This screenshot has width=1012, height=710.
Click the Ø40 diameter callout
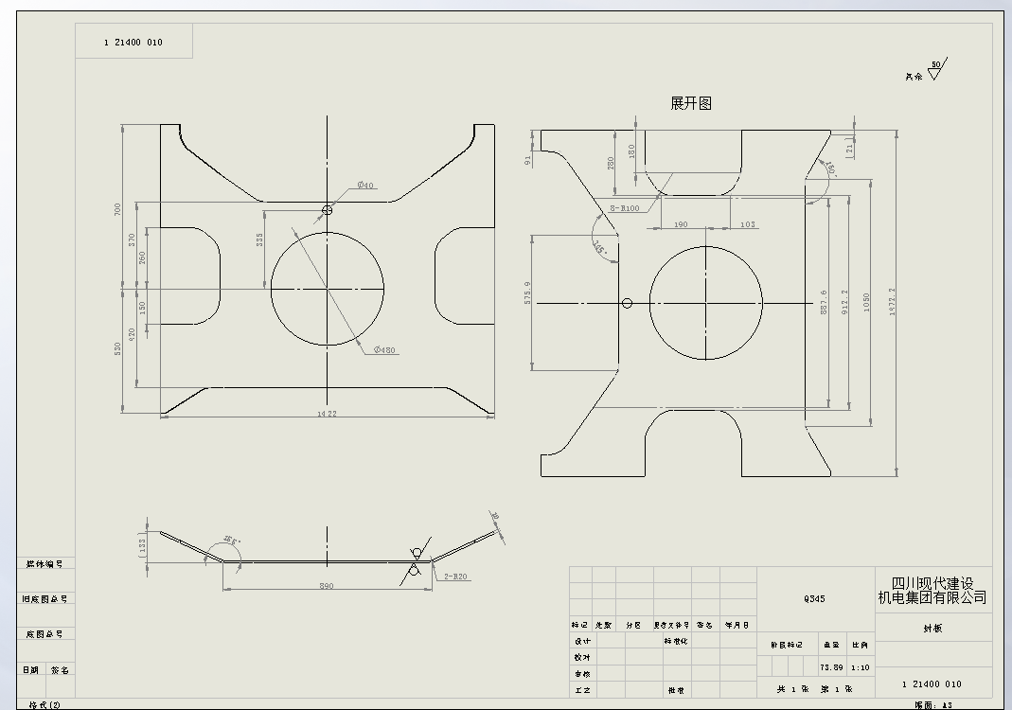click(365, 185)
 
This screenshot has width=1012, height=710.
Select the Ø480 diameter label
click(384, 350)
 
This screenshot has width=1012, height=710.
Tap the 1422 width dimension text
click(328, 414)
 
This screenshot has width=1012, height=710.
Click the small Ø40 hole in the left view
click(328, 210)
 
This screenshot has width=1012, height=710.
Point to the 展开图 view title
click(690, 103)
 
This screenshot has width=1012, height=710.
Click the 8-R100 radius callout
click(625, 208)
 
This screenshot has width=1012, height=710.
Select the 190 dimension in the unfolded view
click(680, 224)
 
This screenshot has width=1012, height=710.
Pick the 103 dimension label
click(747, 224)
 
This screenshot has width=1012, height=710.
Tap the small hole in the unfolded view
click(627, 303)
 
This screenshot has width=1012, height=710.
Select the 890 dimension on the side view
click(326, 587)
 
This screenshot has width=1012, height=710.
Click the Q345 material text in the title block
click(814, 599)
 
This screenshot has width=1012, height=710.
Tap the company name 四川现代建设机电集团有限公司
click(932, 591)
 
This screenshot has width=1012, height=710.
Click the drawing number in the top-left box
click(133, 43)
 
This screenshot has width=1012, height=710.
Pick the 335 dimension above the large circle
click(260, 240)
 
